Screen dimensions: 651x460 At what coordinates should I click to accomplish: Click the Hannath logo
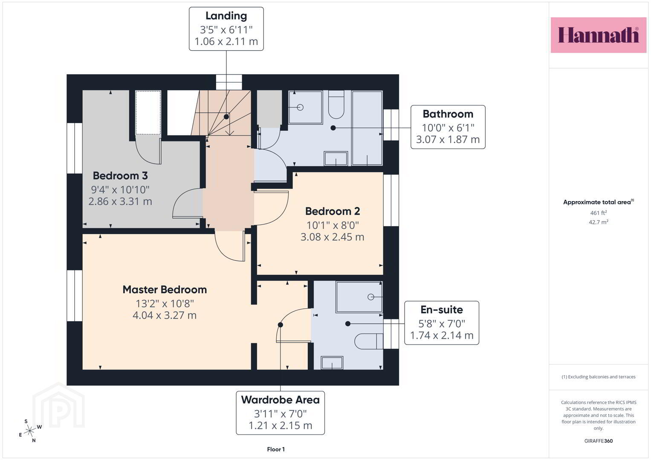point(599,35)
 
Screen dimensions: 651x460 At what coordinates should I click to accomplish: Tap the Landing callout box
point(226,29)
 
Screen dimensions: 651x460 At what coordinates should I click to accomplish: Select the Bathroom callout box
point(448,127)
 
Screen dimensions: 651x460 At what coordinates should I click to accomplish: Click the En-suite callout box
point(441,323)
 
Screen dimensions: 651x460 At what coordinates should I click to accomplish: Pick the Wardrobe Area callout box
point(280,413)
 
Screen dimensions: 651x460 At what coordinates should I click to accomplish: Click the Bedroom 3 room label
point(120,175)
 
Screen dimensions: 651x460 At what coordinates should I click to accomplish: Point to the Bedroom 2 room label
point(333,211)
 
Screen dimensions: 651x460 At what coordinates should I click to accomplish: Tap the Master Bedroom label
point(165,290)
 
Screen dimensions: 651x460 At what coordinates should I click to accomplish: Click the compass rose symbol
point(30,431)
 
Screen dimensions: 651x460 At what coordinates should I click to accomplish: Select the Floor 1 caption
point(276,449)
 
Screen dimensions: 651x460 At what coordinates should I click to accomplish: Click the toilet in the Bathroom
point(336,104)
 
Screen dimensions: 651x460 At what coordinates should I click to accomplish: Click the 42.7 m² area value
point(599,222)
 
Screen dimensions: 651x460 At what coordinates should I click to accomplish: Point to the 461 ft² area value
point(599,213)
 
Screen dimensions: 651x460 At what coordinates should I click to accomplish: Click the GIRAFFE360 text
point(599,441)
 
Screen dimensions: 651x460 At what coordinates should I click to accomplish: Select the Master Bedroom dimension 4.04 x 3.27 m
point(165,315)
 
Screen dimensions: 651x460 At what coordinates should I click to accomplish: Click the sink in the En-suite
point(332,363)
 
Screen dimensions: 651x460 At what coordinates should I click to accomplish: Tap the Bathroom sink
point(336,158)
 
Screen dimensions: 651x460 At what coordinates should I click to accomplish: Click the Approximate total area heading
point(599,202)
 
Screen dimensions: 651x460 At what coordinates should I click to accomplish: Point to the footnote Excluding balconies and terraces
point(599,377)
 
